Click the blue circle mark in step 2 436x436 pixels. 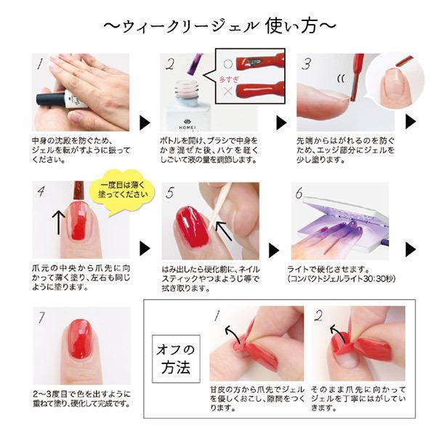point(226,62)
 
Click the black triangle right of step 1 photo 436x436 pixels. point(143,121)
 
